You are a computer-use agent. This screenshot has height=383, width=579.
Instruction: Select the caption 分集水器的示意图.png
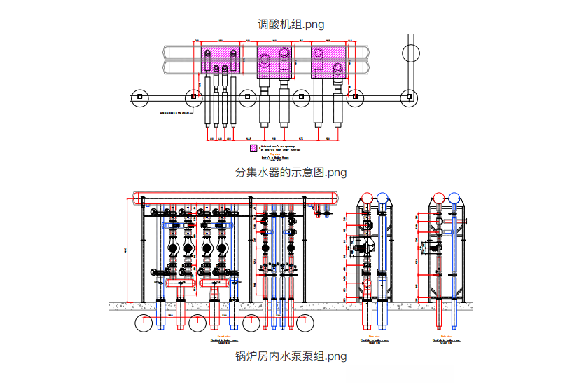(x=289, y=172)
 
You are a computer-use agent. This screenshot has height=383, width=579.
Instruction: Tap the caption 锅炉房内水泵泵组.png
(x=289, y=356)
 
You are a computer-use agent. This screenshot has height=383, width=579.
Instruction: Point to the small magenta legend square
(x=253, y=148)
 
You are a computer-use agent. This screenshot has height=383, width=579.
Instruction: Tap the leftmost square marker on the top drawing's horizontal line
(x=139, y=96)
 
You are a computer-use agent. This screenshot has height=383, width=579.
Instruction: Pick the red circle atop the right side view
(x=438, y=199)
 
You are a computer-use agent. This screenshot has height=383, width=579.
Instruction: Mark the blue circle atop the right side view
(x=454, y=199)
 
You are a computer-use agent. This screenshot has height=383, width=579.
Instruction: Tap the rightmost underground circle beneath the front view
(x=305, y=323)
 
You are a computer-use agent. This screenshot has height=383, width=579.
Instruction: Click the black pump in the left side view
(x=361, y=246)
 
